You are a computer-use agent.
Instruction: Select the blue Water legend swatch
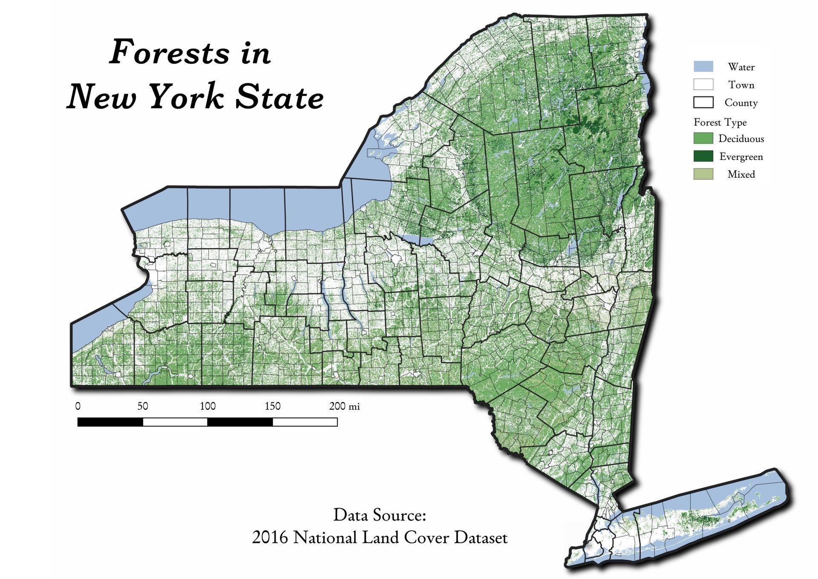(x=703, y=67)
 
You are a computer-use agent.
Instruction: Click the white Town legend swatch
(x=703, y=84)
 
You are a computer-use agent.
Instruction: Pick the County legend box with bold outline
(x=703, y=102)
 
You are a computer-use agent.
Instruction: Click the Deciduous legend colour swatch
(x=703, y=138)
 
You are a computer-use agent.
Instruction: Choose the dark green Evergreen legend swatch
(x=703, y=156)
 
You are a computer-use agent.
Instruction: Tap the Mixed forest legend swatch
(x=703, y=174)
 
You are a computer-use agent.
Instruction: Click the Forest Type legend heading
(x=720, y=122)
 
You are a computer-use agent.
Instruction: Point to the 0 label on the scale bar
(x=78, y=406)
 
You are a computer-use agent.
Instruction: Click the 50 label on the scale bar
(x=143, y=406)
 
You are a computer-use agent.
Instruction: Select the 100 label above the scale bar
(x=207, y=406)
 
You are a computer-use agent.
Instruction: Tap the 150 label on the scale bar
(x=273, y=406)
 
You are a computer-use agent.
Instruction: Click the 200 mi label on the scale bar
(x=344, y=406)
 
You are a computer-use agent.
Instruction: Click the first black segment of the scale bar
(x=110, y=422)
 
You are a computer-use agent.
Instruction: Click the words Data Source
(x=380, y=515)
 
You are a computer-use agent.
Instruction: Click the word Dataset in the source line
(x=481, y=537)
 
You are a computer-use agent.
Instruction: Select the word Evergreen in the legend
(x=741, y=156)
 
